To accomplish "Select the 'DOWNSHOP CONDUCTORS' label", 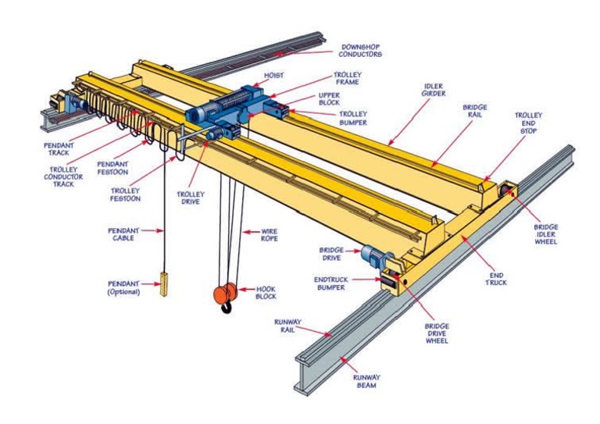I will [x=360, y=51].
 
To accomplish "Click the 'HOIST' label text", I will [x=273, y=76].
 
